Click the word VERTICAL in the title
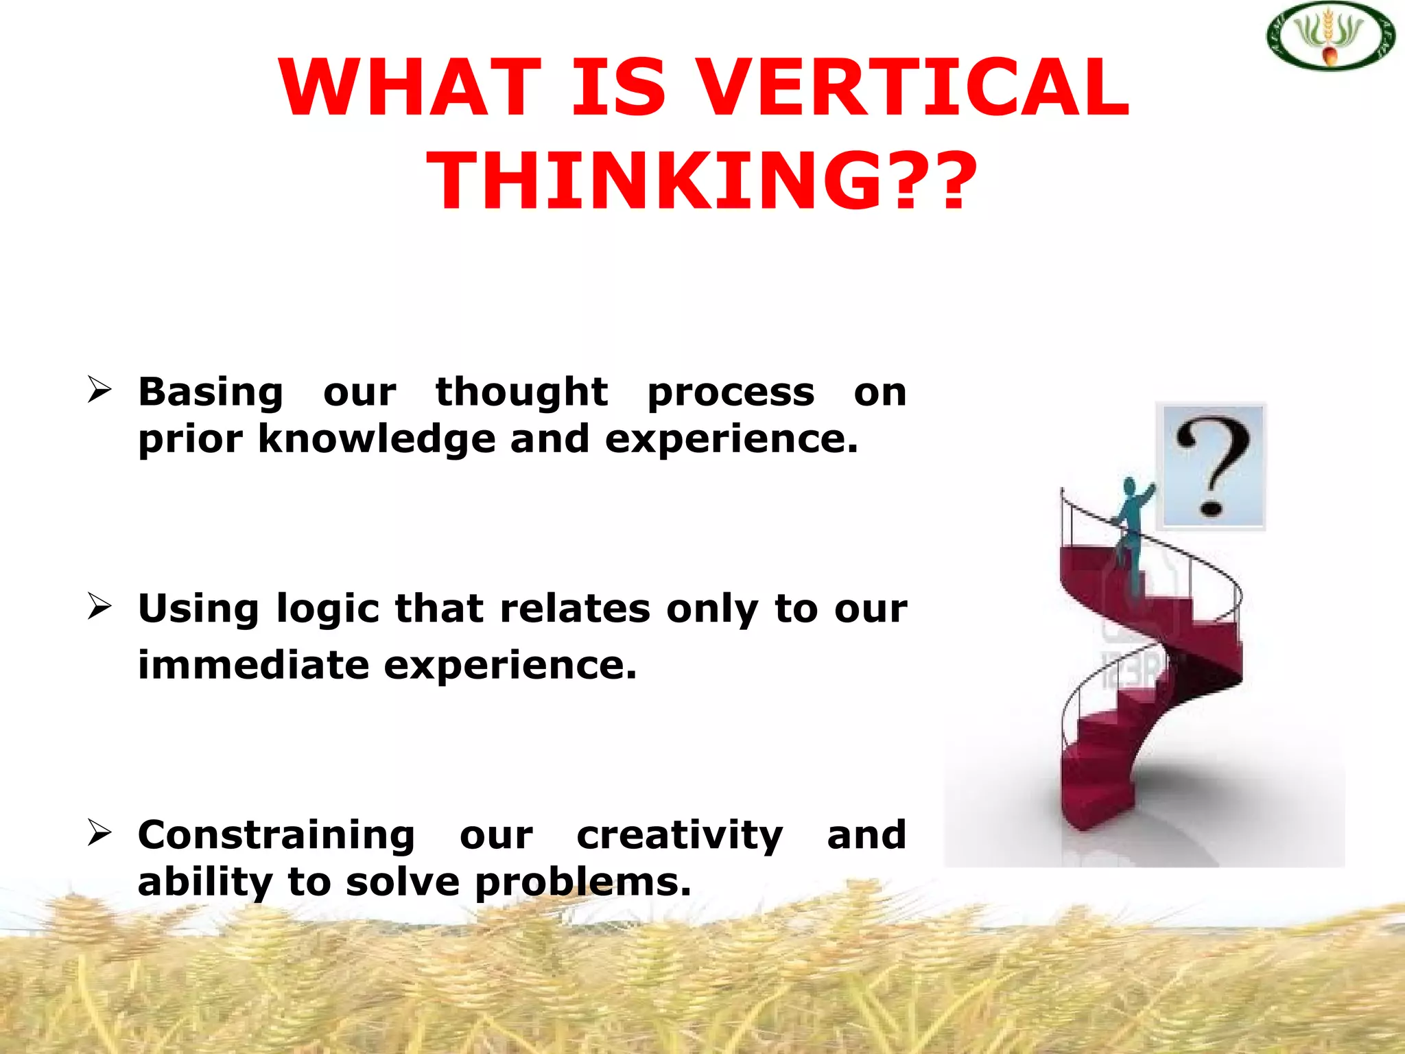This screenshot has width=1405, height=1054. (916, 88)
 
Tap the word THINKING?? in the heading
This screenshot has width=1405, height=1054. (702, 181)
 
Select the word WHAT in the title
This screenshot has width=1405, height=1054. (410, 88)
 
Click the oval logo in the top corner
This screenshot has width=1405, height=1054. (1330, 36)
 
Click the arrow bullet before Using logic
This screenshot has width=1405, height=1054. (99, 606)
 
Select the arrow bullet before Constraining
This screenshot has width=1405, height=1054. (99, 832)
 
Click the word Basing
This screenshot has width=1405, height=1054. (211, 393)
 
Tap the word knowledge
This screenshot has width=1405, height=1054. (376, 439)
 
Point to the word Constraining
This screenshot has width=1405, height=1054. (276, 836)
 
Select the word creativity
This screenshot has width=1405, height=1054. (679, 836)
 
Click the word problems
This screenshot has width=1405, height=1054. (582, 882)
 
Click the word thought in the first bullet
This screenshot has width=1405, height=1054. (521, 393)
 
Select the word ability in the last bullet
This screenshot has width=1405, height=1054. (204, 882)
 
